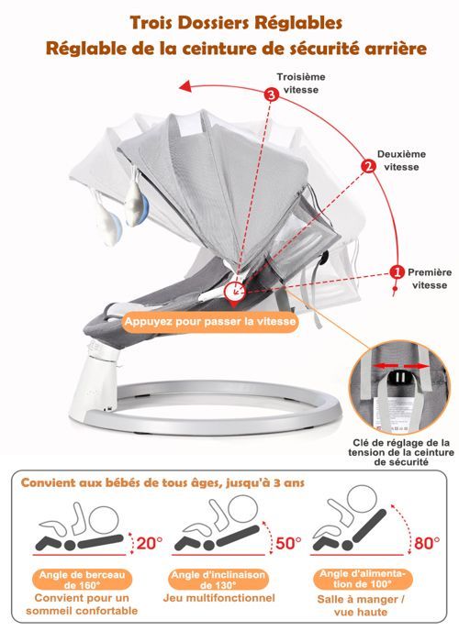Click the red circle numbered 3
271,94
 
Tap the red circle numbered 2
368,166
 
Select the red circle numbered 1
397,272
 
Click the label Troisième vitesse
301,83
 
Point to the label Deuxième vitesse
402,160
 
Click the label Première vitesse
430,279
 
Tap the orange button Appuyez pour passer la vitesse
210,321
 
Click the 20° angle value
150,543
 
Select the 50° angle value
288,543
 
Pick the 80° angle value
427,543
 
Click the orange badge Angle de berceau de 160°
82,580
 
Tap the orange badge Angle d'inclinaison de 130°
218,580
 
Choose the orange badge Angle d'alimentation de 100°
362,579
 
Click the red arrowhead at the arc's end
185,86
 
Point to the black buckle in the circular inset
400,377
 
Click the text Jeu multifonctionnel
218,598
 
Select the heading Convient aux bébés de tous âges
162,482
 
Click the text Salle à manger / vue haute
361,605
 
